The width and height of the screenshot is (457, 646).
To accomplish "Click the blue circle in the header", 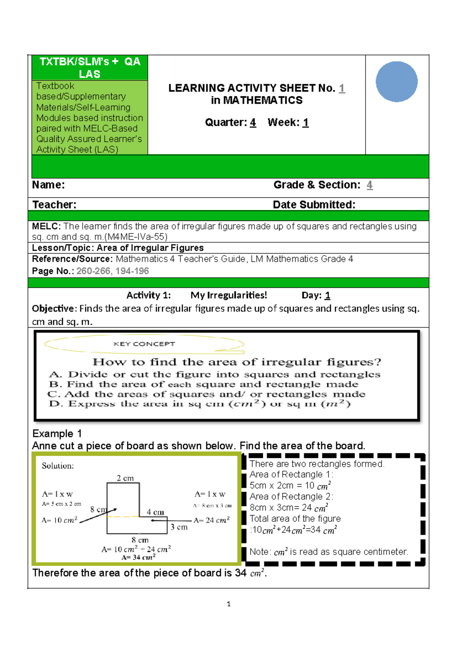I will coord(396,82).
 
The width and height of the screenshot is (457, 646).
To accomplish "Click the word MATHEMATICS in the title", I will coord(263,101).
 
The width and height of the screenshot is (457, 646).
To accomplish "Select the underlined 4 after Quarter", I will coord(253,123).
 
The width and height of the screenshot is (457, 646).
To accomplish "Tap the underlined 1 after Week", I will coord(305,123).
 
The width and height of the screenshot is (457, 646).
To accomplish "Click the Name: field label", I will coord(48,185).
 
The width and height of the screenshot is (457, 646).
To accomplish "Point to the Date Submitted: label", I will coord(314,205).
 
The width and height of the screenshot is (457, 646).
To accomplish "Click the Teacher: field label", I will coord(54,205).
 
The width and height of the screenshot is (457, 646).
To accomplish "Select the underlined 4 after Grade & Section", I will coord(369,185).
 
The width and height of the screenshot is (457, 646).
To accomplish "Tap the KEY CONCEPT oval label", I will coord(144,344).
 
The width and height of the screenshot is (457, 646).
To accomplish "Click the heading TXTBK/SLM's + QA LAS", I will coord(90,67).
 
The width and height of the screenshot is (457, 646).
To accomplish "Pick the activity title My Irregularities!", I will coord(228,295).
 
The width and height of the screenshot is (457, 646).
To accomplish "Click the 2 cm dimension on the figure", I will coord(125,478).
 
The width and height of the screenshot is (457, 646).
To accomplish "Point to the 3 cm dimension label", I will coord(179,527).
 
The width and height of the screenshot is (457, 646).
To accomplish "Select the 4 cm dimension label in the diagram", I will coord(155,512).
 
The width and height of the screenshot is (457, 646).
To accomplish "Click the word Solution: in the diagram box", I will coord(58,465).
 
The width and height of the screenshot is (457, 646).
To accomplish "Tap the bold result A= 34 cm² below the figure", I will coord(138,557).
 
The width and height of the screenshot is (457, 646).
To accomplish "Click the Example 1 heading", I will coord(57,433).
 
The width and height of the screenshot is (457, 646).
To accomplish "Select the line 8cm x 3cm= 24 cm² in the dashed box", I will coord(288,508).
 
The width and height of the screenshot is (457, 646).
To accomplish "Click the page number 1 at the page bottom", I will coord(228,604).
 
